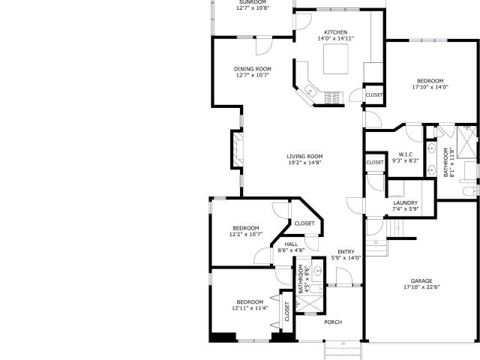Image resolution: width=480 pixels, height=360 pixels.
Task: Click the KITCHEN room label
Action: tap(336, 32)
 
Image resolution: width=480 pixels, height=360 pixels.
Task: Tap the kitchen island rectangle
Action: tap(336, 58)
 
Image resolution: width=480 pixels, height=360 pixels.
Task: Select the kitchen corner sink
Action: tap(310, 91)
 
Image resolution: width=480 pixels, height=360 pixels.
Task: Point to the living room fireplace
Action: tap(237, 149)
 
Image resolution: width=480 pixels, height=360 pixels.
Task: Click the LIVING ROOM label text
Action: tap(304, 157)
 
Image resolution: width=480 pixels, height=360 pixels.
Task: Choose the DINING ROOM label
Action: tap(253, 69)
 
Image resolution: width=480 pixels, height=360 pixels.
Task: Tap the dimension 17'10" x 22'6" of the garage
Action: tap(421, 287)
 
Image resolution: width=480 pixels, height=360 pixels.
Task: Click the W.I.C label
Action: tap(406, 154)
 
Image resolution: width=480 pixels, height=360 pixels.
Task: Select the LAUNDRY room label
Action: tap(405, 203)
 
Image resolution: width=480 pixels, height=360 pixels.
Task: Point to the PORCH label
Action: tap(333, 322)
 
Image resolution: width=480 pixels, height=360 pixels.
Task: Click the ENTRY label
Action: tap(346, 252)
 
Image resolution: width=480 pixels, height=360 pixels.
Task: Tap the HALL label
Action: tap(291, 244)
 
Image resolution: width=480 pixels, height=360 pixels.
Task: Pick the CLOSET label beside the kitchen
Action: tap(374, 95)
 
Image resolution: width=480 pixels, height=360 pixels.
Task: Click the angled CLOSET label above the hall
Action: tap(304, 223)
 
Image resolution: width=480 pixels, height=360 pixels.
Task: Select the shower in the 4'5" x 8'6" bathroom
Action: tap(310, 303)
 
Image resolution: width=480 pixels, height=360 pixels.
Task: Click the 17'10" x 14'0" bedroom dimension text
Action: tap(430, 87)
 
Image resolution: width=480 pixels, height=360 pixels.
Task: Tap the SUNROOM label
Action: tap(253, 1)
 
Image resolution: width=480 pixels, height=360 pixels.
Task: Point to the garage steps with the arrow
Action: tap(376, 247)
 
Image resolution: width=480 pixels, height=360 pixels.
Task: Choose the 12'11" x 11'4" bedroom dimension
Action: tap(250, 308)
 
